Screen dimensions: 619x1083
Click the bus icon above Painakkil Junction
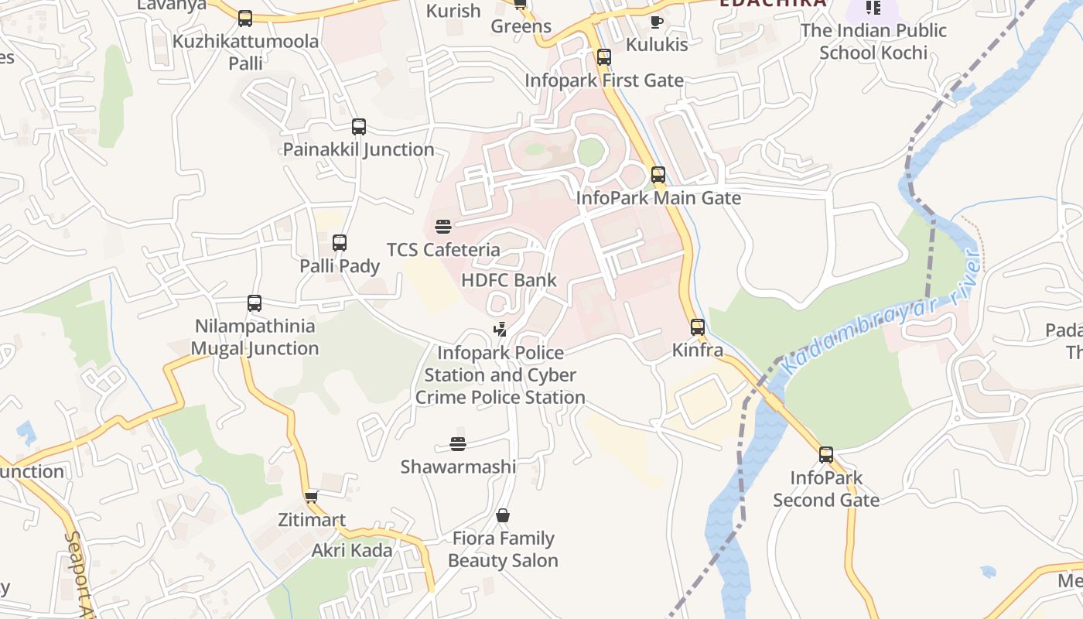(358, 127)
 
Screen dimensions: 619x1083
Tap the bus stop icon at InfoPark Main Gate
(658, 175)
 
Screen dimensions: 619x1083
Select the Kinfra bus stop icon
(698, 327)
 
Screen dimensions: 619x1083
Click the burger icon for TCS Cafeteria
(443, 227)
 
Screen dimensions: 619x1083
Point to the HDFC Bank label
(508, 280)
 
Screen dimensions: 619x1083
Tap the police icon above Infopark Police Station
(500, 330)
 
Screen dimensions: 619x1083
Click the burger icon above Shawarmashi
(458, 444)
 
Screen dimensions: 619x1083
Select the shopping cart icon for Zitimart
(311, 497)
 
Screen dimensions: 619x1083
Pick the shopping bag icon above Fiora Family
(503, 515)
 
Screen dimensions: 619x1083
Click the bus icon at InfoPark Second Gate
(826, 455)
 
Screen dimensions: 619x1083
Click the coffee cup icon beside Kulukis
(656, 22)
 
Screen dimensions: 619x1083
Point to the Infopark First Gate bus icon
(604, 57)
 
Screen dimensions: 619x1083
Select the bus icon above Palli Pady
(339, 243)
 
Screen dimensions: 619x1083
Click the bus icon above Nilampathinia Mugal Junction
(255, 303)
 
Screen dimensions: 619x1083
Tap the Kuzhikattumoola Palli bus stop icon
(245, 19)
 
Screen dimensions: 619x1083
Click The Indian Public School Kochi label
(873, 42)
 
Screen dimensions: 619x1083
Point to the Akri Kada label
(352, 551)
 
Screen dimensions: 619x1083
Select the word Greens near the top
(521, 26)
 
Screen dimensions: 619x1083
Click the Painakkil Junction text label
(358, 149)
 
